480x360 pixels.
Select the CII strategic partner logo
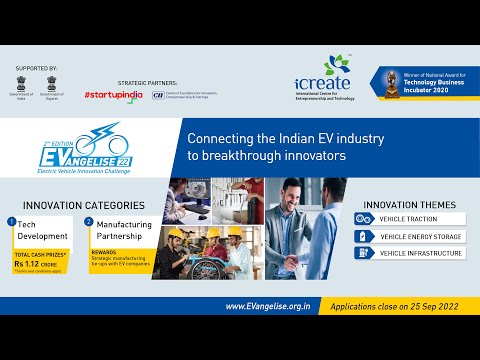point(185,94)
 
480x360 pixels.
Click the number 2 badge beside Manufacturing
point(88,221)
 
